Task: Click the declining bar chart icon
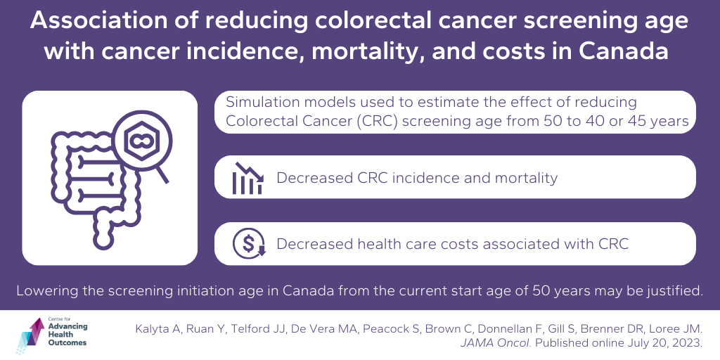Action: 247,179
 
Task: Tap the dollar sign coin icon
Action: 248,244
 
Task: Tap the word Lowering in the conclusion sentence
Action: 46,290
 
